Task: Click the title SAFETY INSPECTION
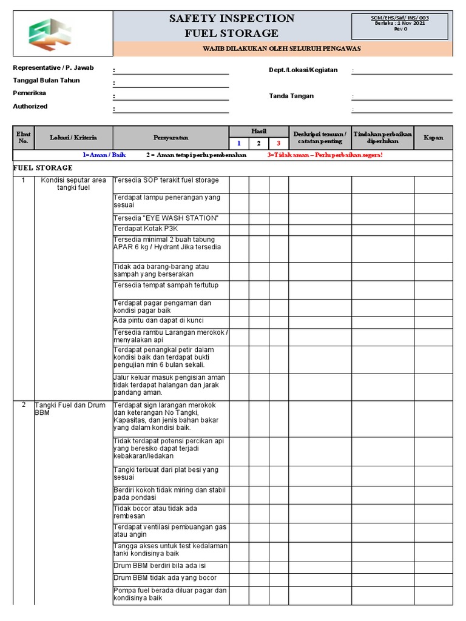232,19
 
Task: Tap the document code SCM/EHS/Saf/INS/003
400,18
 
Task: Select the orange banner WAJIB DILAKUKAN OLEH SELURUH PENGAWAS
283,49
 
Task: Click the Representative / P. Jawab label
53,68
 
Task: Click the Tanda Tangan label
291,96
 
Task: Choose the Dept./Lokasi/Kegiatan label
303,70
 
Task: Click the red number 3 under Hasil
279,143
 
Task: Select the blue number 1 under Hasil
239,143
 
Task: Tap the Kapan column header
433,138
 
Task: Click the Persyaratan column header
171,138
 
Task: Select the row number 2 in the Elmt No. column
24,405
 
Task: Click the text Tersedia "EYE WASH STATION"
166,218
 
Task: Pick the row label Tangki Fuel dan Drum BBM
70,409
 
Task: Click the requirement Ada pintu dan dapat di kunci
158,320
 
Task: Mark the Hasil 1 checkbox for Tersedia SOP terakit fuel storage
239,185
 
